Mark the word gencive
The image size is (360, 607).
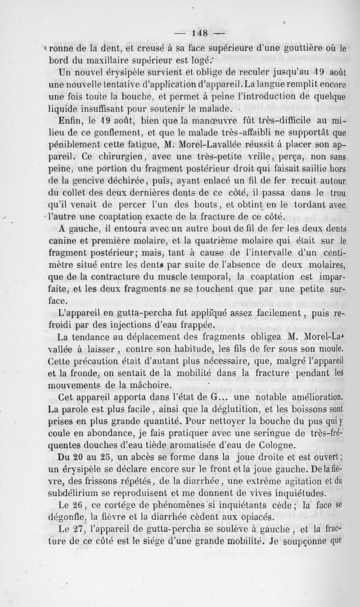(94, 181)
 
